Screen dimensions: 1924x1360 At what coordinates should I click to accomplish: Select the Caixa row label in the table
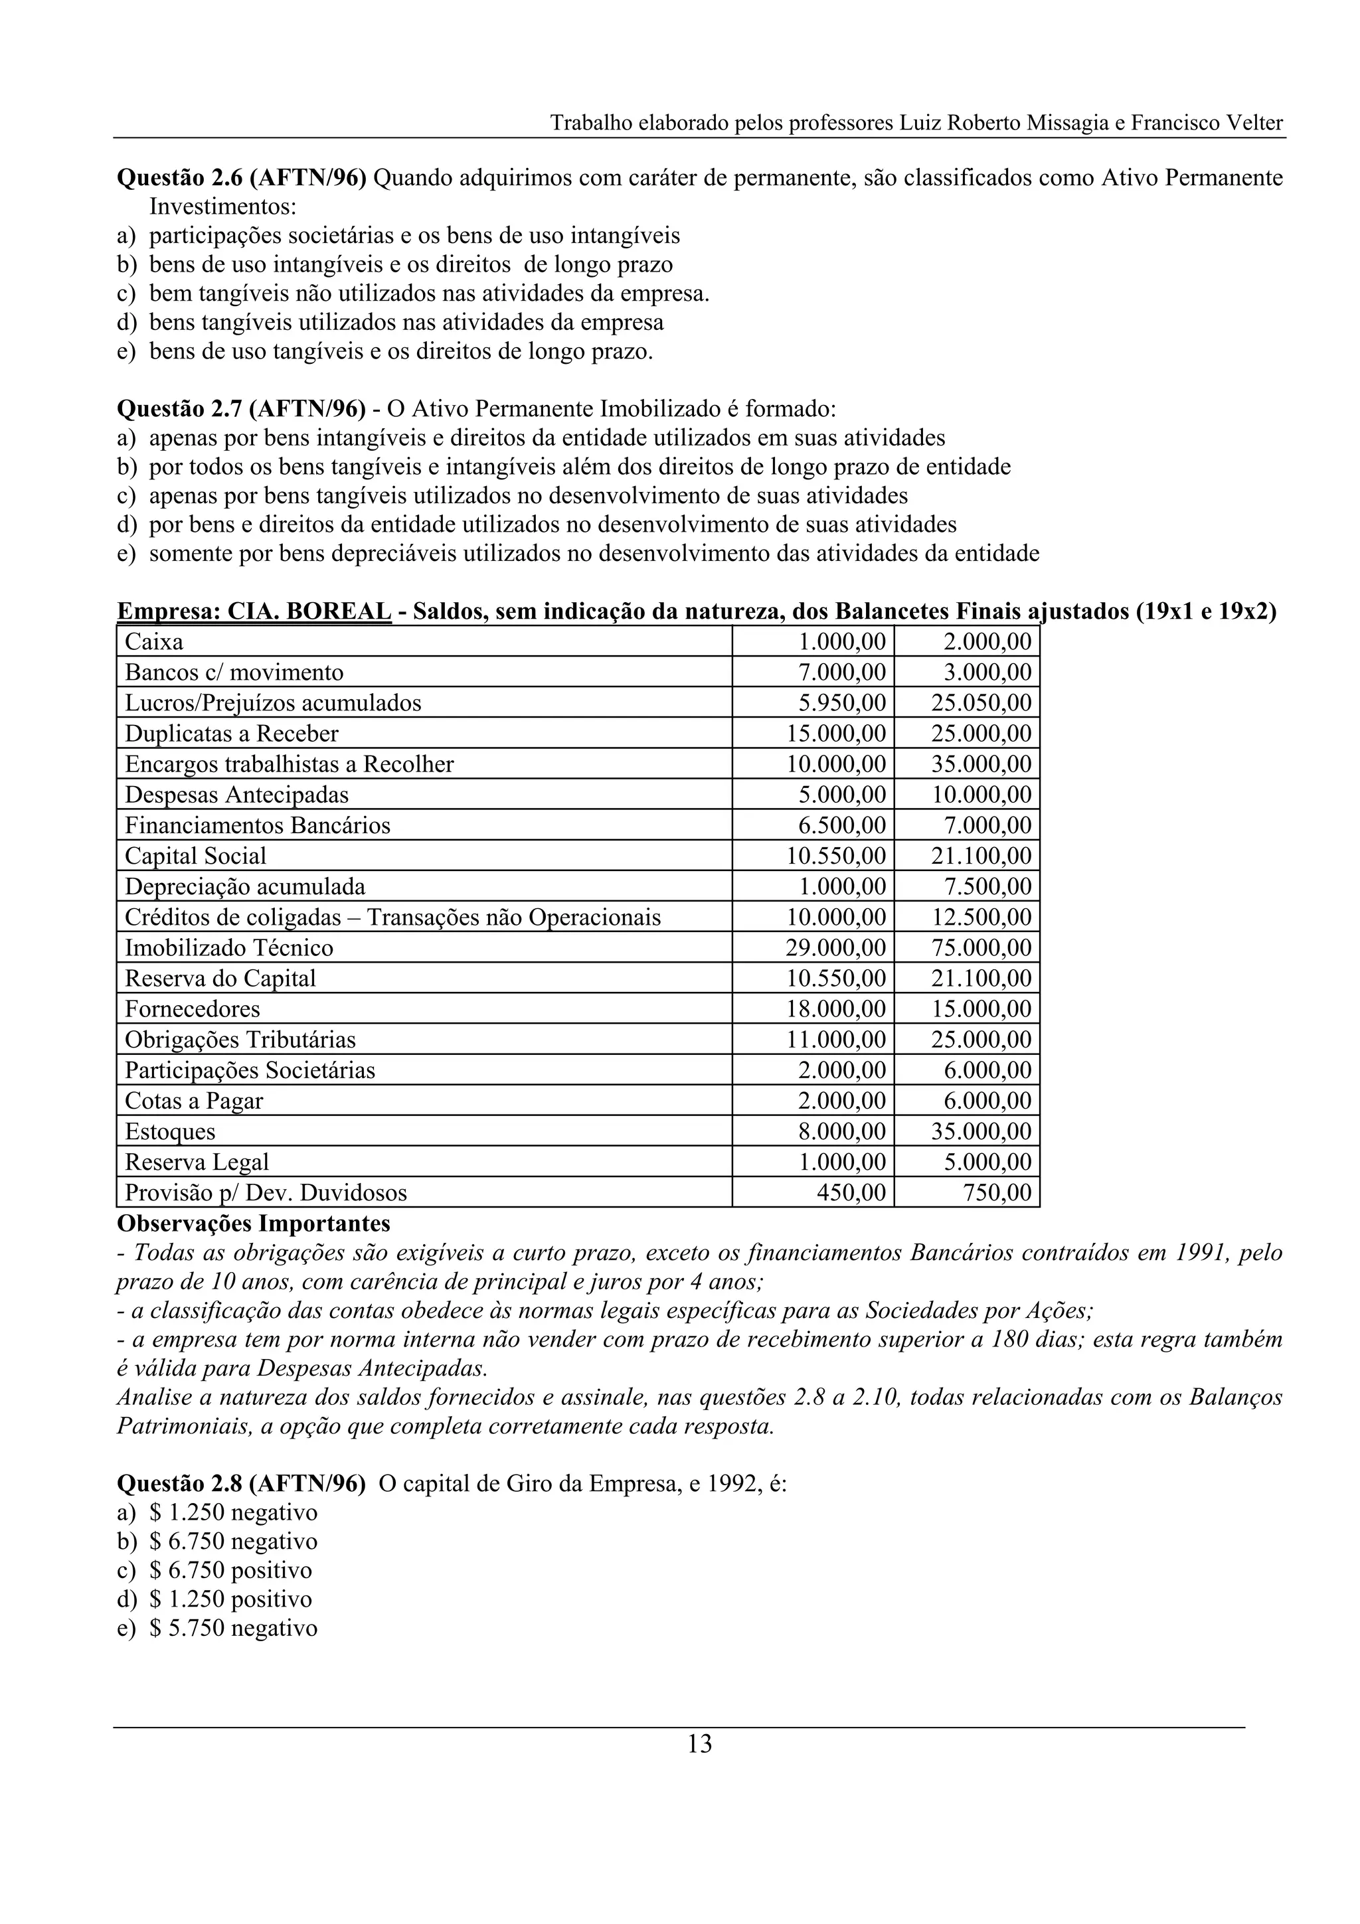(154, 642)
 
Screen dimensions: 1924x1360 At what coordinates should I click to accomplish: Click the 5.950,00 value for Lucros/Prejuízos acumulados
(841, 703)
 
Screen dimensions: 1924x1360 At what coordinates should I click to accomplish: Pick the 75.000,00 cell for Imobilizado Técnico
(981, 948)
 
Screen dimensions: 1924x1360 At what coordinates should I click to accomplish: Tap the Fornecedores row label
(193, 1009)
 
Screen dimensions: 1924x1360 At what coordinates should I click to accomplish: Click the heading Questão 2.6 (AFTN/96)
(241, 179)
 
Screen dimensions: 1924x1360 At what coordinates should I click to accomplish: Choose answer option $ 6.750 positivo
(230, 1570)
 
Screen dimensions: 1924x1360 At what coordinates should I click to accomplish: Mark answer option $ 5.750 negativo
(233, 1628)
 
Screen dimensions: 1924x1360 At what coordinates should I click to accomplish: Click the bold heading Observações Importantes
(253, 1224)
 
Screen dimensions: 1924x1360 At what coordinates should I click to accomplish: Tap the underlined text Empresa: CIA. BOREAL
(254, 611)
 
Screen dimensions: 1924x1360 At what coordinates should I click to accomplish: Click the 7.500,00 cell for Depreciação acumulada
(985, 886)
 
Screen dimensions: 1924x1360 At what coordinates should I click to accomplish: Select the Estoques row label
(170, 1131)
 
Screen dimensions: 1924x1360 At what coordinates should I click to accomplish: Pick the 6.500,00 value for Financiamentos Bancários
(841, 825)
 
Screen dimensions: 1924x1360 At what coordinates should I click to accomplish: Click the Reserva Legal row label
(197, 1162)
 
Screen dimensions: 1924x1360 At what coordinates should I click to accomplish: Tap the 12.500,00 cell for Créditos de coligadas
(981, 918)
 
